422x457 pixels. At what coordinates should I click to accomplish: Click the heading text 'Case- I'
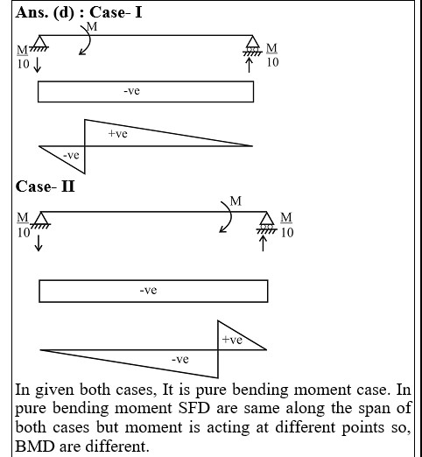click(x=116, y=12)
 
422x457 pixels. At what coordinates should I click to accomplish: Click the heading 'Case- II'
click(x=45, y=186)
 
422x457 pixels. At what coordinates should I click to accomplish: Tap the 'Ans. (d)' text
click(x=45, y=13)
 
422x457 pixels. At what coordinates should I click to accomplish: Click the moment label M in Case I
click(x=92, y=27)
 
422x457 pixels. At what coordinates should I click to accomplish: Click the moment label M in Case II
click(x=236, y=201)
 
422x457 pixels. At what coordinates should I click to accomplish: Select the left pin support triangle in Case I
click(x=39, y=42)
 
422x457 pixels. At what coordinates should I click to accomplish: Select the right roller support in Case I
click(x=252, y=45)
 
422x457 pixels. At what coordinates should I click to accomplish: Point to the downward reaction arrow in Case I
click(x=37, y=65)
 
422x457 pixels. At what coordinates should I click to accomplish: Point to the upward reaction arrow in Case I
click(x=249, y=65)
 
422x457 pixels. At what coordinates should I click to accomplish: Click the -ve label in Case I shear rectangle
click(x=131, y=91)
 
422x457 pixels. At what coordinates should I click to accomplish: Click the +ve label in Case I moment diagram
click(x=117, y=134)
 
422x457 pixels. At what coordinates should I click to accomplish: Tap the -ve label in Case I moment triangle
click(x=71, y=155)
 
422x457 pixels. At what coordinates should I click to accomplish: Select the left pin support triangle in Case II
click(x=41, y=219)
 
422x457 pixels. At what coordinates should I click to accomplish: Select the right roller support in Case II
click(x=266, y=221)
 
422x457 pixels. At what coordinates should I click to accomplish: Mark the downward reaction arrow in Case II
click(x=39, y=243)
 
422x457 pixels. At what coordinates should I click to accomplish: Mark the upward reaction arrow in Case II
click(x=263, y=243)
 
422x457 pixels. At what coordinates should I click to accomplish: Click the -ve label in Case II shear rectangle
click(x=148, y=291)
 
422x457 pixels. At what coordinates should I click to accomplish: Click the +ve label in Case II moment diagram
click(x=232, y=340)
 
